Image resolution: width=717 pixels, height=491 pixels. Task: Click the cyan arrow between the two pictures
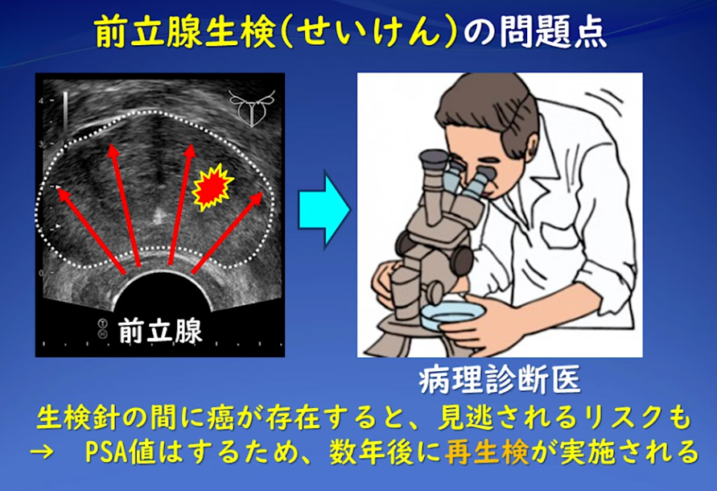point(323,208)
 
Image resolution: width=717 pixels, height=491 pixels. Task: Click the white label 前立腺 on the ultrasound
point(160,330)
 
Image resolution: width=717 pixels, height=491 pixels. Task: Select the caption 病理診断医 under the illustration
point(500,379)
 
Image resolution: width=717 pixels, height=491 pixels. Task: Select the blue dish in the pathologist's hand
point(453,316)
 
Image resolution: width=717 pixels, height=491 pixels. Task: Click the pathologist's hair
point(492,109)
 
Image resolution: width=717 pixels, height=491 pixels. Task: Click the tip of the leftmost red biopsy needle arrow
point(56,188)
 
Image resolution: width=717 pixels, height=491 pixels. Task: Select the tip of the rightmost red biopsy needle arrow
point(263,192)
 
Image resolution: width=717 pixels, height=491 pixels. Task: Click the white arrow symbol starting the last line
point(43,452)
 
